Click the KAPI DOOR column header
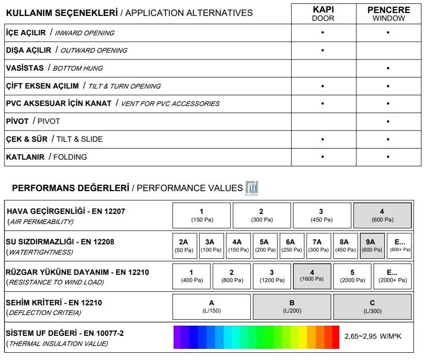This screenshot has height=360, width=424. [x=323, y=14]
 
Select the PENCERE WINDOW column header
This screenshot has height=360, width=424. [x=389, y=14]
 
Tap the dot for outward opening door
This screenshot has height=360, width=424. [x=322, y=50]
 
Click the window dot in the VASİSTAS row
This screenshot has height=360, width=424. [x=388, y=68]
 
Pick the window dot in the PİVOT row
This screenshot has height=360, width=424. [x=388, y=121]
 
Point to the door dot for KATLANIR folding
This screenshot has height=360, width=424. [x=322, y=157]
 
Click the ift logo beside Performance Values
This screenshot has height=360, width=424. [x=252, y=188]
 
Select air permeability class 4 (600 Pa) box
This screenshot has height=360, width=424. [x=382, y=215]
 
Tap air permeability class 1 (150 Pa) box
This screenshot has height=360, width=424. [x=202, y=215]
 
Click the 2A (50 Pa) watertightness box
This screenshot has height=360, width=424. [x=183, y=246]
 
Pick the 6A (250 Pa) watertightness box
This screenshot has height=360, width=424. [x=291, y=246]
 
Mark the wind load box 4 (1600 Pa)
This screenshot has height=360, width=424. [x=312, y=276]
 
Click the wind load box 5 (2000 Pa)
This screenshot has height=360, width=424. [x=352, y=276]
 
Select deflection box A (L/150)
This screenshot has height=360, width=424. [x=212, y=306]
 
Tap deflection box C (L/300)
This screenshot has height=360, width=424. [x=372, y=306]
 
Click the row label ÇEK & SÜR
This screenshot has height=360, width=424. [x=27, y=139]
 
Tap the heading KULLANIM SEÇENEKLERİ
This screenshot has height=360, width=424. [x=61, y=13]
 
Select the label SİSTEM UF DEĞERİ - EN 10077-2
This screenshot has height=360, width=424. [x=65, y=333]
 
